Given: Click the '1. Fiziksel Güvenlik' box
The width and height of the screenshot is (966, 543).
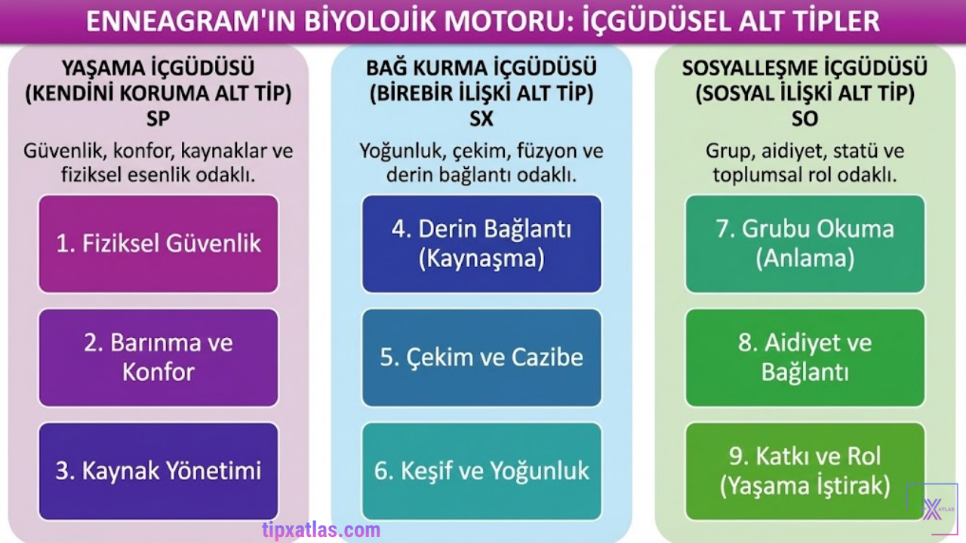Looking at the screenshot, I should (x=158, y=244).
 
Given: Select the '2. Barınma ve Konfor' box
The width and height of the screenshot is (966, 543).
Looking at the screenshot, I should (x=158, y=357).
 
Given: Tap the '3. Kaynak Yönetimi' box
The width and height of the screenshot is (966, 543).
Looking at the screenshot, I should (x=158, y=471).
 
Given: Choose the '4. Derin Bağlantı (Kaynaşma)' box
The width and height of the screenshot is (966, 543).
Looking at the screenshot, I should (x=481, y=244).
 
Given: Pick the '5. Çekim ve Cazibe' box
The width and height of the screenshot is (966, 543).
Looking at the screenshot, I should (x=481, y=357).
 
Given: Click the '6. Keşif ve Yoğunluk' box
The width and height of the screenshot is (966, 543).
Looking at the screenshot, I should (x=481, y=471).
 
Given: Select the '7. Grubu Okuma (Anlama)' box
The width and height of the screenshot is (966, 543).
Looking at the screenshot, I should (x=804, y=244).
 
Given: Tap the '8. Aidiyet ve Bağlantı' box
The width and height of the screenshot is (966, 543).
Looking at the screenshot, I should (x=804, y=357).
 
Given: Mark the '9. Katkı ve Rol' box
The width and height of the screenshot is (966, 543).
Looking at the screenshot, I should (x=804, y=471).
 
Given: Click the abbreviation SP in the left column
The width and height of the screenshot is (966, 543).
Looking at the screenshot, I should (x=158, y=119).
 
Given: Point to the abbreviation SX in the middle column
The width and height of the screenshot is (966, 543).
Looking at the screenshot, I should (x=481, y=119).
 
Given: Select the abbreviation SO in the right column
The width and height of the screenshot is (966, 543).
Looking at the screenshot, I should (x=804, y=119).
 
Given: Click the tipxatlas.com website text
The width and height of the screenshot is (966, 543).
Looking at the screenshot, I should (x=321, y=529).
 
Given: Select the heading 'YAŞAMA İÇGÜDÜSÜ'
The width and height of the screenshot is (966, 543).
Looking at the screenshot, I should (x=158, y=68).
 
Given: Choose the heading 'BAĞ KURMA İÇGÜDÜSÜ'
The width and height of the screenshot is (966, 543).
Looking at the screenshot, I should (x=481, y=68).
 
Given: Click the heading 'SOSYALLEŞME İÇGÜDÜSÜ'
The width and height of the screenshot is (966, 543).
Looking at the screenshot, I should (x=804, y=68).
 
